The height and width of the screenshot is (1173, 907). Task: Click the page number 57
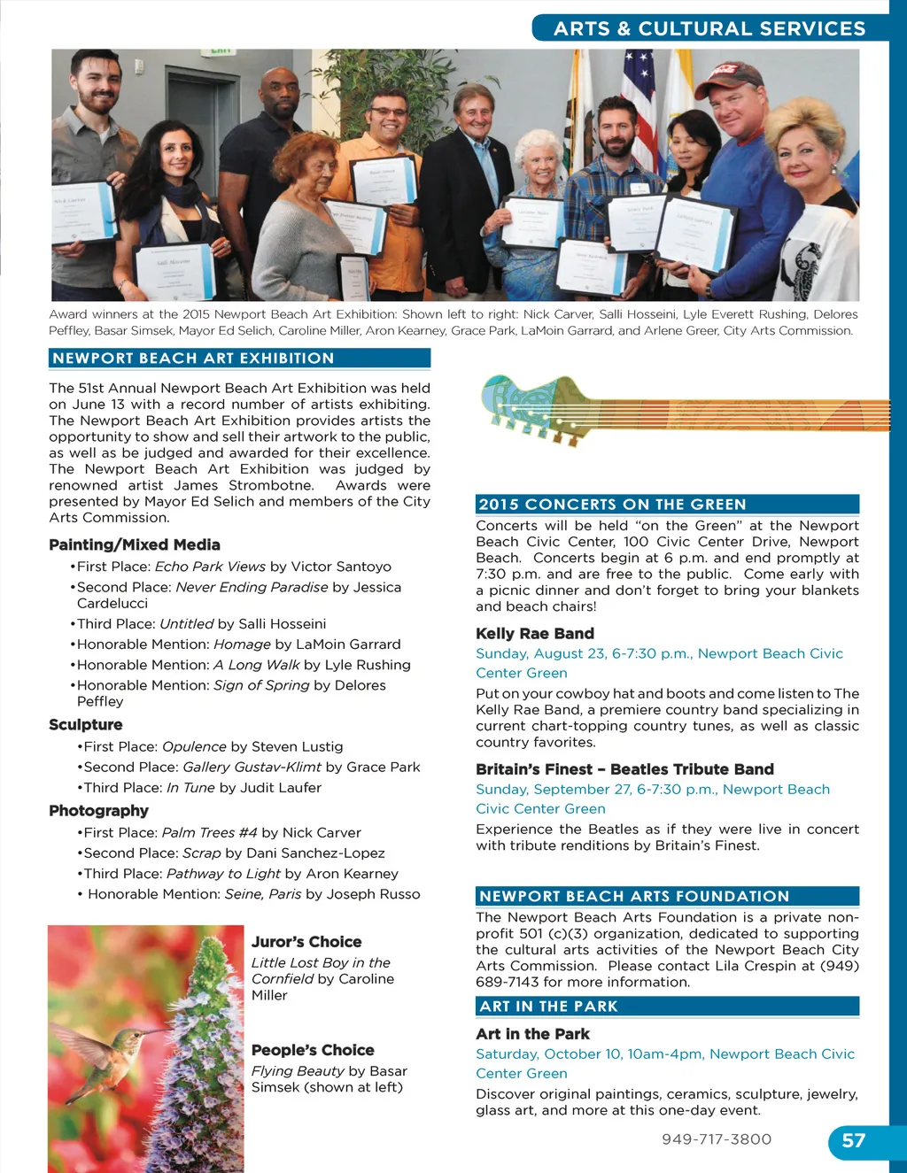click(853, 1140)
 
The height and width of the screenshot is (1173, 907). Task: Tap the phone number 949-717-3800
click(717, 1139)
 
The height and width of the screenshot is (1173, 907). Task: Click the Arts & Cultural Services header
click(709, 28)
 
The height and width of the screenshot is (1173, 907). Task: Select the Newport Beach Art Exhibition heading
click(193, 359)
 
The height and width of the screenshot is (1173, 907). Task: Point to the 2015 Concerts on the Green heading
click(612, 505)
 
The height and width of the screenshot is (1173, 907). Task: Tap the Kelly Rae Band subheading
click(535, 634)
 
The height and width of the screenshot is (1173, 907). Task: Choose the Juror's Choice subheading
click(306, 942)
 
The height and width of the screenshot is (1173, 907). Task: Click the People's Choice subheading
click(313, 1050)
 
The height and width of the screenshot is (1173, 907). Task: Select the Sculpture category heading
click(86, 725)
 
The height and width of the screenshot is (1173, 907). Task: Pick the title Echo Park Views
click(210, 567)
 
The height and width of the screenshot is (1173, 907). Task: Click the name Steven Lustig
click(298, 747)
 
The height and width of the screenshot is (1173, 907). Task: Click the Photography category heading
click(98, 811)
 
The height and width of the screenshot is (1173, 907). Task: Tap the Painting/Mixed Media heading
click(135, 545)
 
